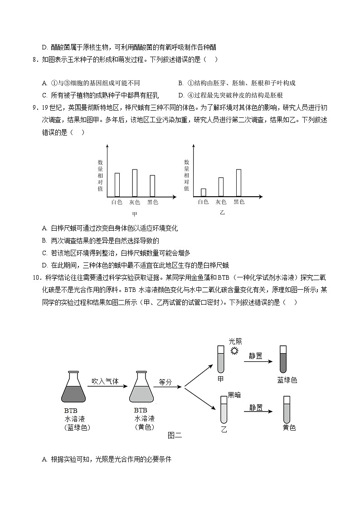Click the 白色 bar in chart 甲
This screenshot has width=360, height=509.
coord(117,184)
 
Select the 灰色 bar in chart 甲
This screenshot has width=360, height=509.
coord(134,183)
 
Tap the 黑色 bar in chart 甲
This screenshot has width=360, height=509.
coord(152,185)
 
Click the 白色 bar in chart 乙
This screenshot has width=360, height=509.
coord(203,192)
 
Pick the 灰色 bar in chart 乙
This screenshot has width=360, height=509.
coord(221,187)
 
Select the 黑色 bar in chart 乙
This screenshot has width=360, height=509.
coord(238,183)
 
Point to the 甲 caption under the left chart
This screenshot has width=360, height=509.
coord(134,214)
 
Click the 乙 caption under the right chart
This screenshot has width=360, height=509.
coord(222,212)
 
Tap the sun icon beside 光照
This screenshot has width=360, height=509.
coord(234,351)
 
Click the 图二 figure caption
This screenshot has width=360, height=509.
coord(175,436)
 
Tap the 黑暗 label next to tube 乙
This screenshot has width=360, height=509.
coord(234,395)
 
